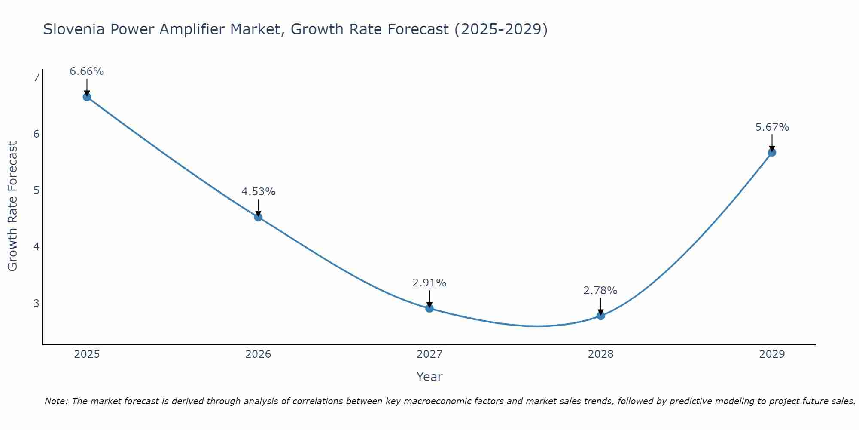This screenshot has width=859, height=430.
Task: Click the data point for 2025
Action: tap(87, 97)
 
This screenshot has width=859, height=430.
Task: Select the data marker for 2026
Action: tap(258, 217)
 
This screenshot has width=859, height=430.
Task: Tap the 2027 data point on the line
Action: tap(429, 308)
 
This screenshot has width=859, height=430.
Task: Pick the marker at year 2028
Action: tap(600, 316)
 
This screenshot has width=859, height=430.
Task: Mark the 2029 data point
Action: tap(772, 152)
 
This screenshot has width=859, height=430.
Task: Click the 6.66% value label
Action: tap(87, 71)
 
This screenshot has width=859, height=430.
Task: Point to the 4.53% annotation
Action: tap(258, 192)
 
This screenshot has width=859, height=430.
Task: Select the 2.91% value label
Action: tap(429, 283)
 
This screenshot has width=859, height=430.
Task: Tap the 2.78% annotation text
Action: tap(600, 291)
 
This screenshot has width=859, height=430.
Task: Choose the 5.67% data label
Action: tap(772, 127)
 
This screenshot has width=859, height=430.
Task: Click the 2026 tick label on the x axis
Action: tap(258, 354)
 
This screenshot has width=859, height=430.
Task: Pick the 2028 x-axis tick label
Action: tap(600, 354)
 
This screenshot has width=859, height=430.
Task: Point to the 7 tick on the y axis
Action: tap(36, 77)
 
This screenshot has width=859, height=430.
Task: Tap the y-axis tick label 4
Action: tap(36, 247)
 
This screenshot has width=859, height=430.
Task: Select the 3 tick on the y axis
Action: tap(36, 303)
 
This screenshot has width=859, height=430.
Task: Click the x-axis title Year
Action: tap(429, 377)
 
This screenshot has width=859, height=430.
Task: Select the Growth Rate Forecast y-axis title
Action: tap(13, 206)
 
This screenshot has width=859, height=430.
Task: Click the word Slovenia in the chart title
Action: tap(73, 29)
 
